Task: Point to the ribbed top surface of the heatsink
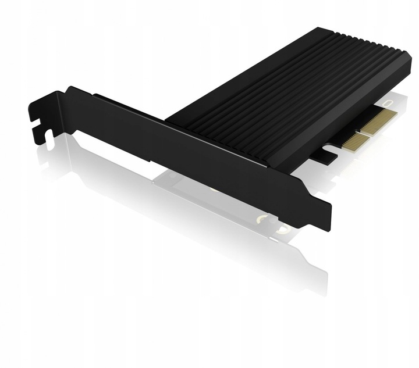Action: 279,87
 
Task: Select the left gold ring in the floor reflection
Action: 263,219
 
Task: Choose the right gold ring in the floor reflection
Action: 283,230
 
